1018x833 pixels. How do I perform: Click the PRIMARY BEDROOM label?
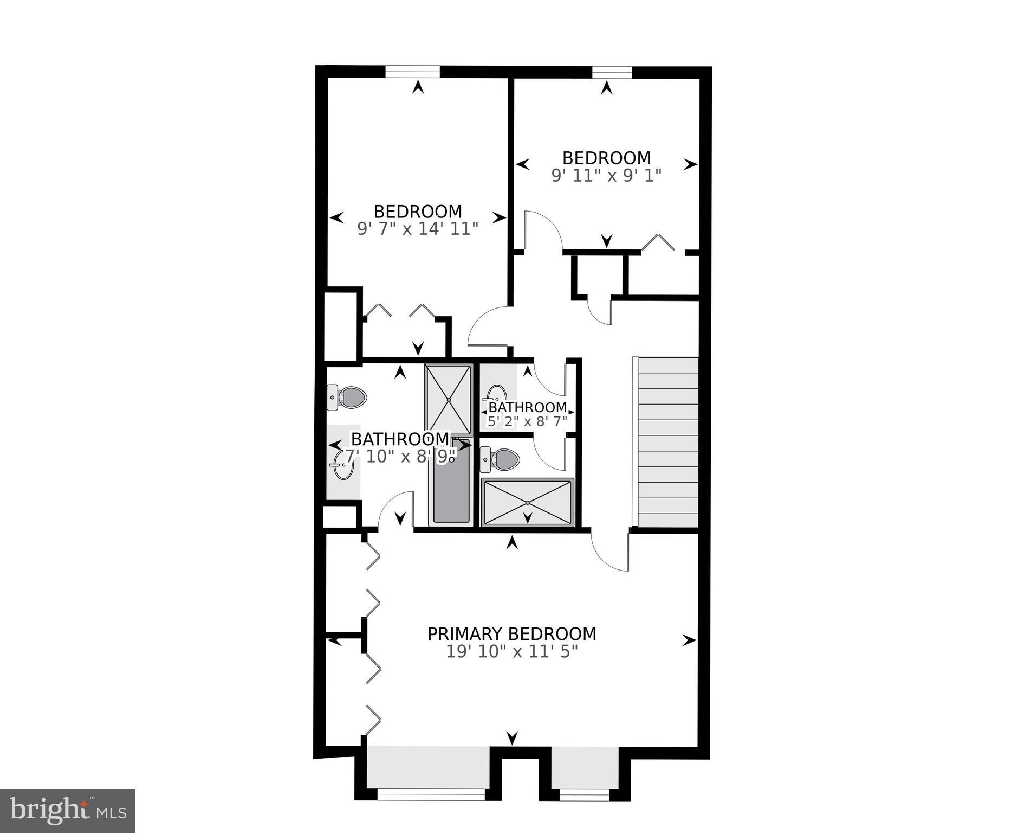coord(511,633)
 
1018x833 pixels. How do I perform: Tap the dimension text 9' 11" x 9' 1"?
coord(606,176)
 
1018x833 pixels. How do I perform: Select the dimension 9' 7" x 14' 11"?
coord(418,229)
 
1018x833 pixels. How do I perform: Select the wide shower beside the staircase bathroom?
coord(527,502)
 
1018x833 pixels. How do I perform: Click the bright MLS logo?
coord(68,810)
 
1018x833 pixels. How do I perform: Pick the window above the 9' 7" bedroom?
coord(412,72)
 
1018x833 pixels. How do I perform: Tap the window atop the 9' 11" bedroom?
coord(612,72)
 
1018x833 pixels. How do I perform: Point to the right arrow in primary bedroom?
coord(689,640)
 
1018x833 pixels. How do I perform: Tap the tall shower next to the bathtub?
coord(448,400)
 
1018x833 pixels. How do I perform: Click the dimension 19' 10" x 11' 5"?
coord(511,651)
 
